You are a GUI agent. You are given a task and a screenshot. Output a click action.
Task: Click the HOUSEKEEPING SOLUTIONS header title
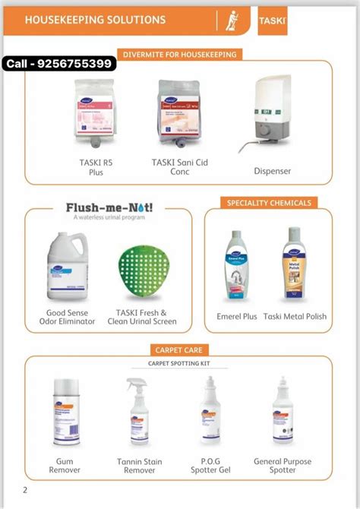95,19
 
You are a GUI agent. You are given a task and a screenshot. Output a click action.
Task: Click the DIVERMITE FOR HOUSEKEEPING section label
179,55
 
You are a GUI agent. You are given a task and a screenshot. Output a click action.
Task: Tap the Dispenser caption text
272,171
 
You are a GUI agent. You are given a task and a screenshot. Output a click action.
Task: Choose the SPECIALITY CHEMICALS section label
268,203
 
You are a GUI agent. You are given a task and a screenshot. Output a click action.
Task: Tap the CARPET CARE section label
179,349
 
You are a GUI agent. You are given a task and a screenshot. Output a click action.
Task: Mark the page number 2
25,489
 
